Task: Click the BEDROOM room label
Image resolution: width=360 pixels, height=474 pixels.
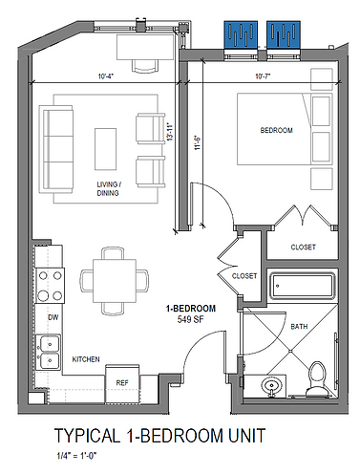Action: [x=276, y=129]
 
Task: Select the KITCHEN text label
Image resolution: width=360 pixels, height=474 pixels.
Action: [x=87, y=358]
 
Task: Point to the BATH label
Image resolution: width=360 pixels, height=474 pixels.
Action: [x=299, y=327]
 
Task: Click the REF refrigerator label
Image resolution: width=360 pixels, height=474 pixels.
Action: [x=122, y=382]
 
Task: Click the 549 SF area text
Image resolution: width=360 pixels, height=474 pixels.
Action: [x=190, y=319]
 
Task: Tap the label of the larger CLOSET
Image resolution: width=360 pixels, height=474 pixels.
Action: [x=303, y=247]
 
